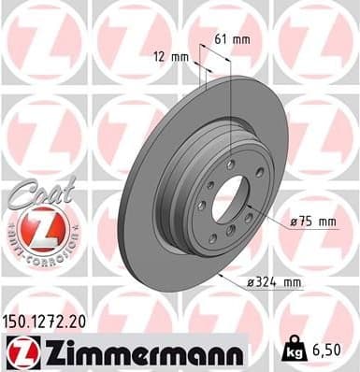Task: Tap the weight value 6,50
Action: point(331,351)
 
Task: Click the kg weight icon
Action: point(295,351)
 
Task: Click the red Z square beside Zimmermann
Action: point(21,351)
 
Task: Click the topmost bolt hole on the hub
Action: point(230,165)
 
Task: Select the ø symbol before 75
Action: point(292,222)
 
